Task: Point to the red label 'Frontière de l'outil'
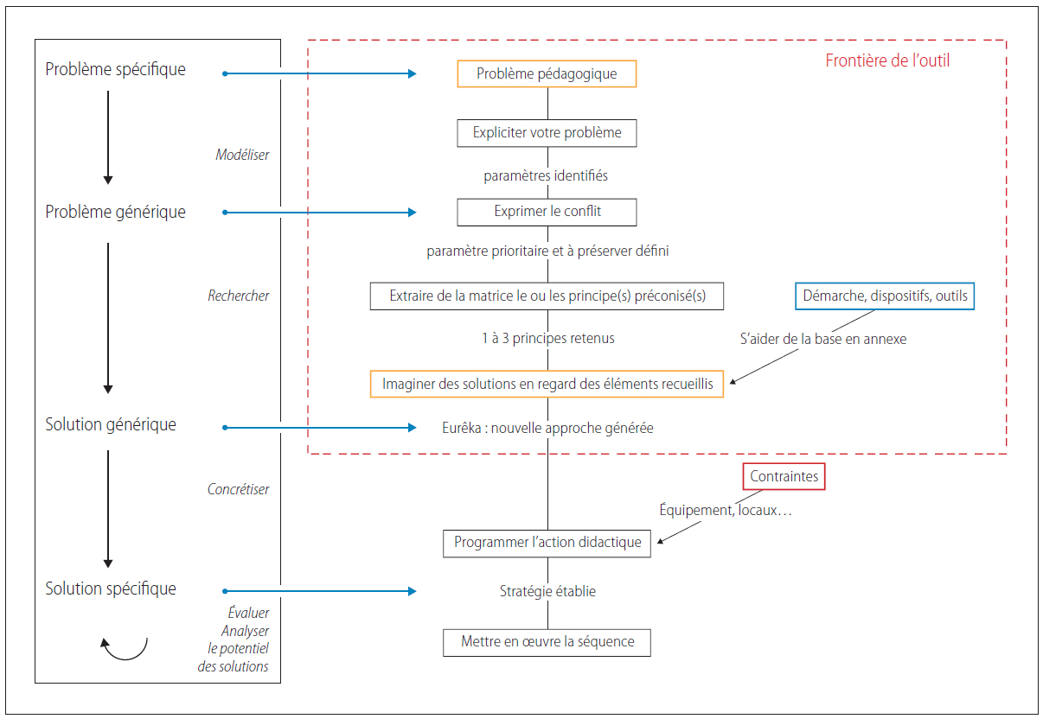(x=887, y=60)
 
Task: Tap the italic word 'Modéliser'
(x=242, y=155)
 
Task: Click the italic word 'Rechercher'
(x=239, y=296)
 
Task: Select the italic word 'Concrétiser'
(x=238, y=489)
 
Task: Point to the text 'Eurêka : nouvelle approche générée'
(x=547, y=428)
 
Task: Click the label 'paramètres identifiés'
(x=546, y=175)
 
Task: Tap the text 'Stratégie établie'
(x=547, y=591)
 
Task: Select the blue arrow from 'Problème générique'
(x=319, y=213)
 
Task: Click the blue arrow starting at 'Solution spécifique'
(x=319, y=591)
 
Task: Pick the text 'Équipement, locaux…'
(x=726, y=510)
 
